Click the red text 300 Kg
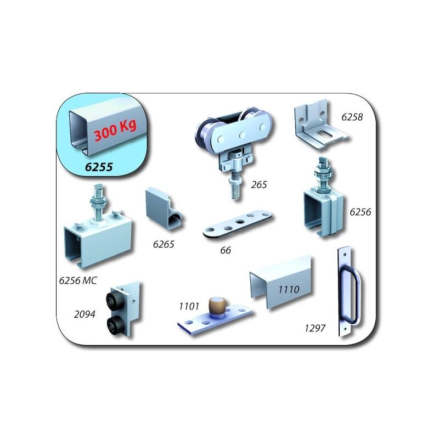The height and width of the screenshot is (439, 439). tap(115, 132)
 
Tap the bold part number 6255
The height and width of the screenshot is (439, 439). tap(99, 167)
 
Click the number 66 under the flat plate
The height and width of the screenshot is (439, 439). tap(225, 250)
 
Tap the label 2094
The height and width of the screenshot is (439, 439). tap(85, 314)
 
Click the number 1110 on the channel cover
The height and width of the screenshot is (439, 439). tap(288, 289)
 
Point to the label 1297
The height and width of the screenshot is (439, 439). tap(316, 328)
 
